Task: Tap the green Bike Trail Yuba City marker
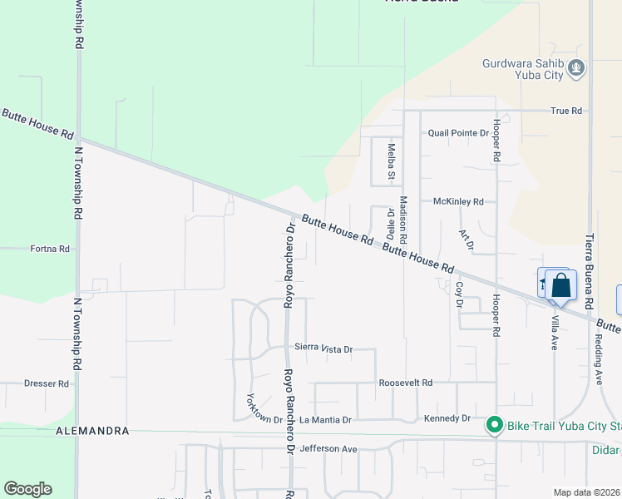point(495,426)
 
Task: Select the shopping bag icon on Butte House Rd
point(560,286)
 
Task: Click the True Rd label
point(565,110)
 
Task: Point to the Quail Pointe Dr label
point(458,133)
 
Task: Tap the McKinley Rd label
point(458,201)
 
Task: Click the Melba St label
point(391,161)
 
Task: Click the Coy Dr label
point(458,295)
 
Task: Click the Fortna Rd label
point(51,249)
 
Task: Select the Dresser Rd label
point(47,383)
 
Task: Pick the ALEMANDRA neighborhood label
point(92,431)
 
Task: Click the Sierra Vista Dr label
point(323,349)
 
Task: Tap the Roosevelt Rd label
point(406,383)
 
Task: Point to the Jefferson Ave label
point(328,449)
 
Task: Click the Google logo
point(27,489)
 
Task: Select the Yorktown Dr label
point(264,408)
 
